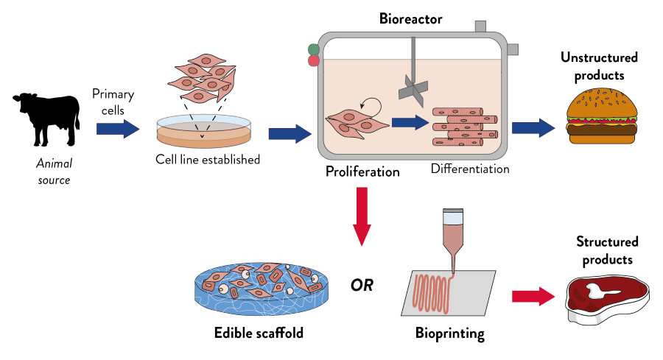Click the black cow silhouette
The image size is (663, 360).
(x=46, y=119)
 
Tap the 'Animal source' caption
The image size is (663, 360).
(x=53, y=173)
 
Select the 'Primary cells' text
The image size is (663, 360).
(x=113, y=102)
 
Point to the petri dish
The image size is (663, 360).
(x=203, y=132)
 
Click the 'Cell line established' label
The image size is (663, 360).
(x=207, y=159)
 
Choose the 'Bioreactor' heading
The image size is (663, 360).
(x=410, y=19)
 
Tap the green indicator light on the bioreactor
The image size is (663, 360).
(x=314, y=50)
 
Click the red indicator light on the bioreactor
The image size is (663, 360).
(x=314, y=61)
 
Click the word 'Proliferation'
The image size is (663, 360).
(x=362, y=172)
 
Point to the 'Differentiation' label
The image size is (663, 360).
(x=469, y=169)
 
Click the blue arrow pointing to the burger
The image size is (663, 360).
(x=533, y=127)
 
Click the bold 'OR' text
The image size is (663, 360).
(x=362, y=285)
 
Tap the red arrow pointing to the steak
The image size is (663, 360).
(x=533, y=297)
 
